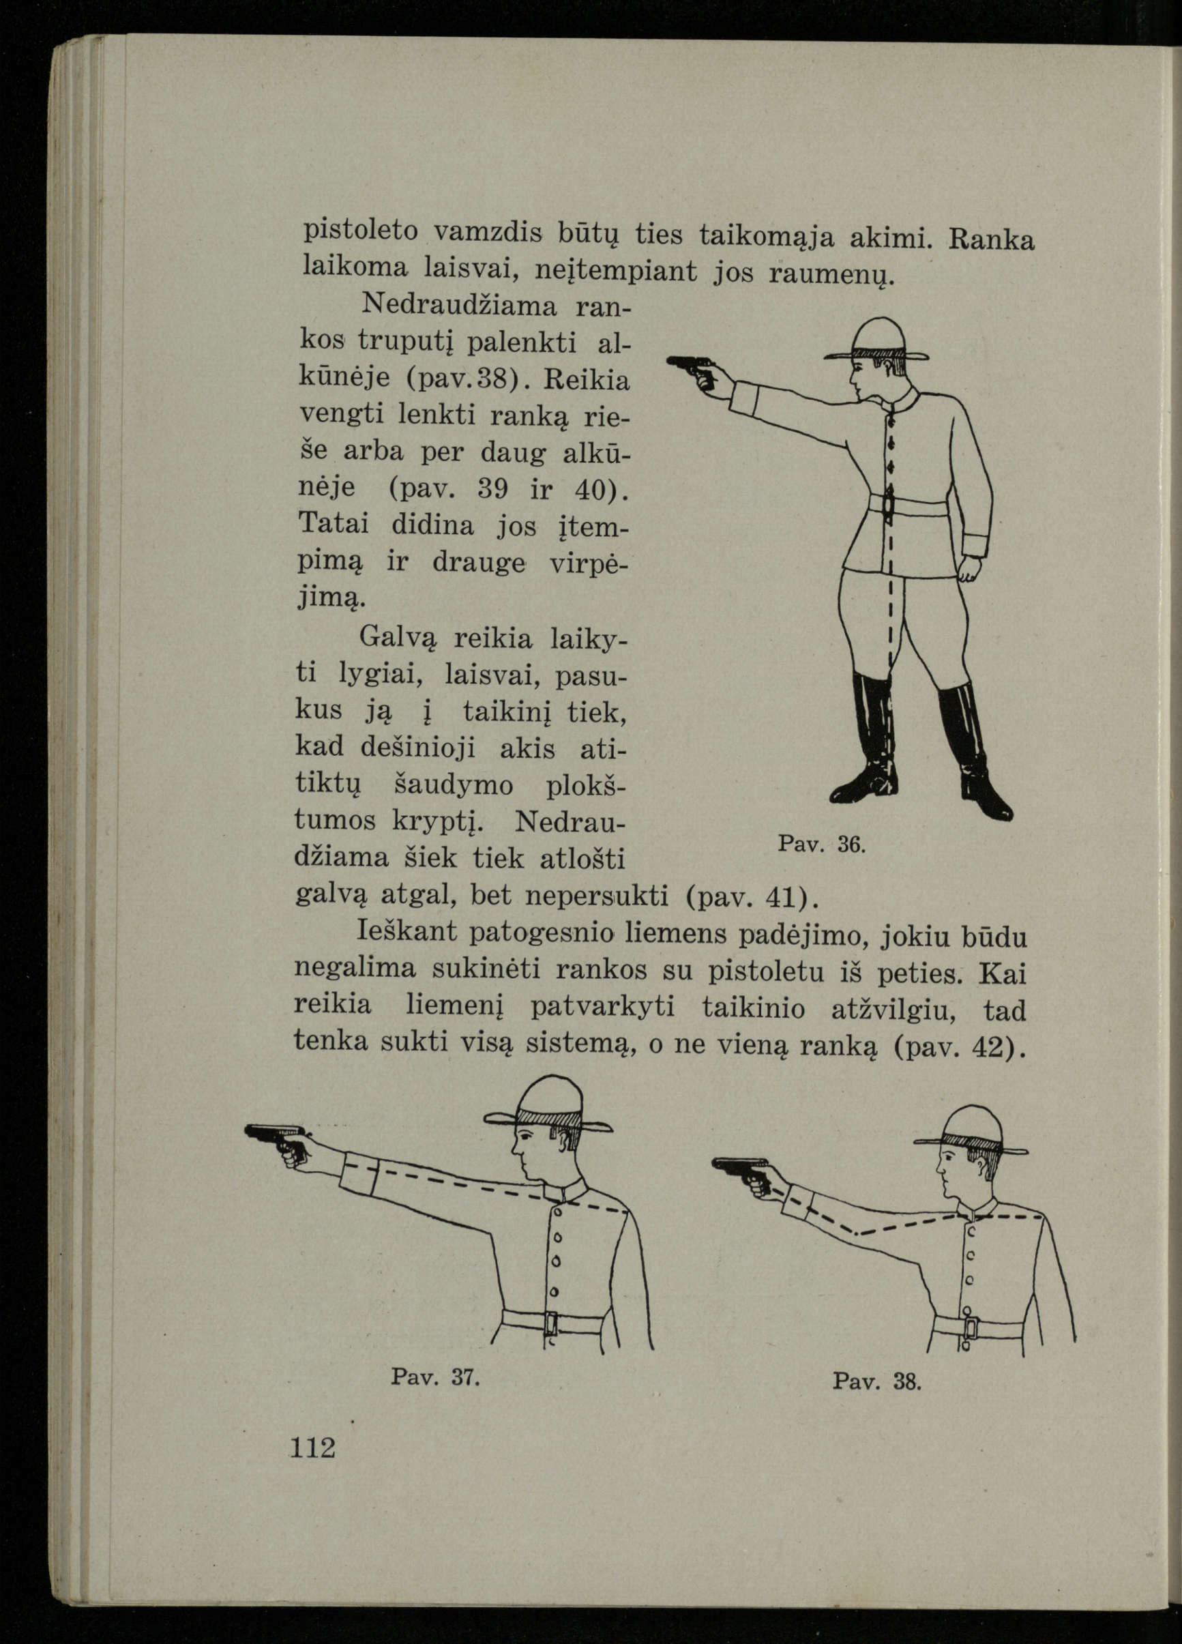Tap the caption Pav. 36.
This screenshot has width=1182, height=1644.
click(x=821, y=844)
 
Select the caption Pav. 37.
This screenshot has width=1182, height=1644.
click(x=436, y=1376)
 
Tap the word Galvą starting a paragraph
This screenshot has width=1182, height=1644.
click(x=398, y=638)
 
